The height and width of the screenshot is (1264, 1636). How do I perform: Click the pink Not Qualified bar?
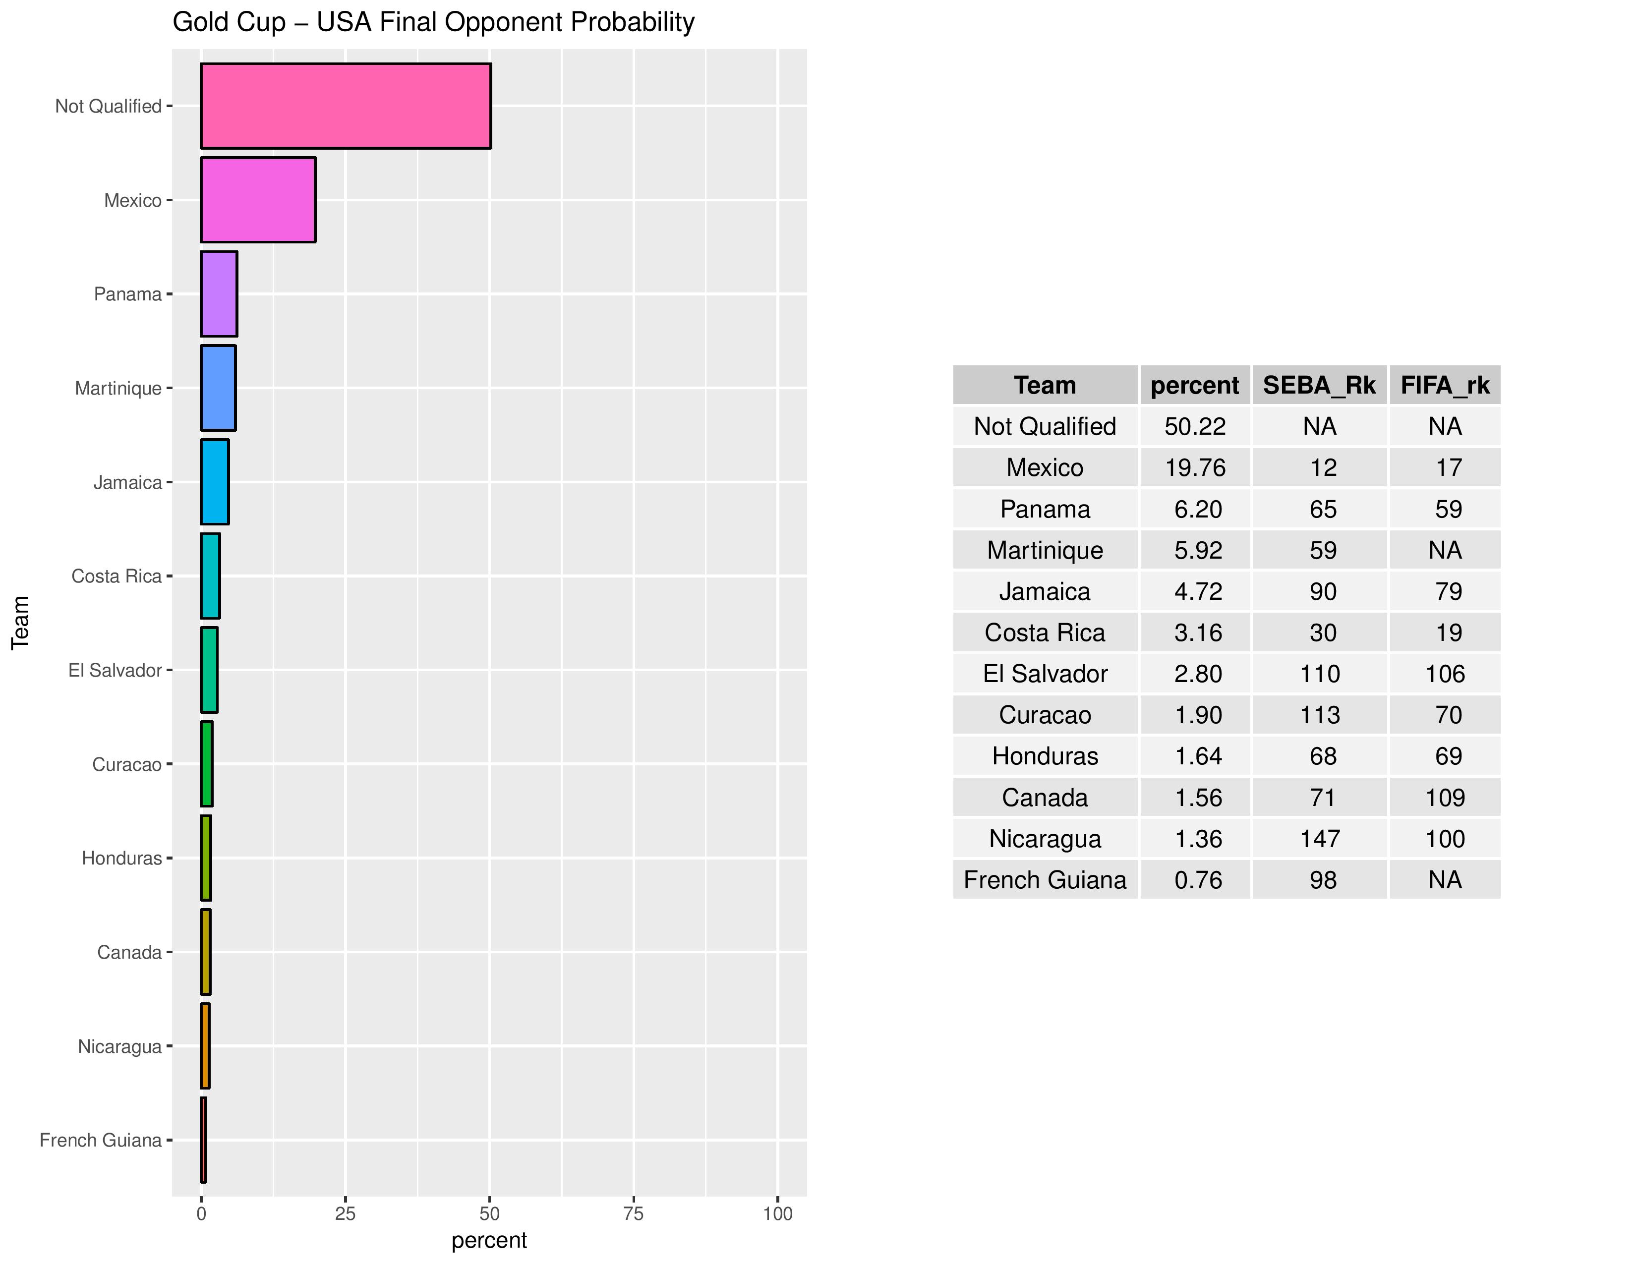346,106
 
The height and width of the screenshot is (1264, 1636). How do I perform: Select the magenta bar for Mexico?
258,200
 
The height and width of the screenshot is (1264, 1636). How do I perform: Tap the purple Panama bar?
219,293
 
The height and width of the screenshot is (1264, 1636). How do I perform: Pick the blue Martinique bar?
218,388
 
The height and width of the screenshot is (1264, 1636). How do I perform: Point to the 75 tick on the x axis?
634,1214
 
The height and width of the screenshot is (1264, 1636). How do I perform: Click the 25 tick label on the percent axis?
346,1214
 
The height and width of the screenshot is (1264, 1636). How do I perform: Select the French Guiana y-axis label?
100,1141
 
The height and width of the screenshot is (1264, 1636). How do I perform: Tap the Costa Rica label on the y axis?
116,576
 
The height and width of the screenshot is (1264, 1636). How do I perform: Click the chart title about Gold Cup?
433,22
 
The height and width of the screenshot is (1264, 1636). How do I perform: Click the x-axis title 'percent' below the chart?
489,1240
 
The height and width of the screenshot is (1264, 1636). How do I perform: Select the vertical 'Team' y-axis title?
20,622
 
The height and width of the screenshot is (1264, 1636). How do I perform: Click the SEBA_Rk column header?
1319,385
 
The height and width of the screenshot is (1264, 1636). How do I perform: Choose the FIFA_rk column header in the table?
1445,385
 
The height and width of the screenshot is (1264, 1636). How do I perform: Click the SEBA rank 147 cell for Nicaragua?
1320,839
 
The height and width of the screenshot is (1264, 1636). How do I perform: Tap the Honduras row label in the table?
1045,756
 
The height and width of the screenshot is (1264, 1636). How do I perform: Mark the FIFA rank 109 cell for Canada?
1445,798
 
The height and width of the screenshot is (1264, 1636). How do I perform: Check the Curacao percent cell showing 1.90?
1198,715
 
